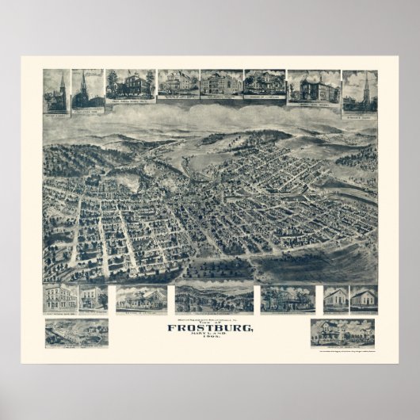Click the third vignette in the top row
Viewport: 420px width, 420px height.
point(130,86)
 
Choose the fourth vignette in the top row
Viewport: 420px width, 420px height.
point(178,83)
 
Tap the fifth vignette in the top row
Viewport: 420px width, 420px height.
point(220,83)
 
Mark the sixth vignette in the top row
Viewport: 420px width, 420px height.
point(264,83)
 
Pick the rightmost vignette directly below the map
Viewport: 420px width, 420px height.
point(364,298)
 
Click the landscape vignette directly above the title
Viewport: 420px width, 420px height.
point(214,298)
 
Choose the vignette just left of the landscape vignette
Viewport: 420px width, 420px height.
point(141,299)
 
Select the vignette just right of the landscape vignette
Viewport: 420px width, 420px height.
point(287,298)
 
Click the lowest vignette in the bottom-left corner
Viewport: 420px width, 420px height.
point(76,332)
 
